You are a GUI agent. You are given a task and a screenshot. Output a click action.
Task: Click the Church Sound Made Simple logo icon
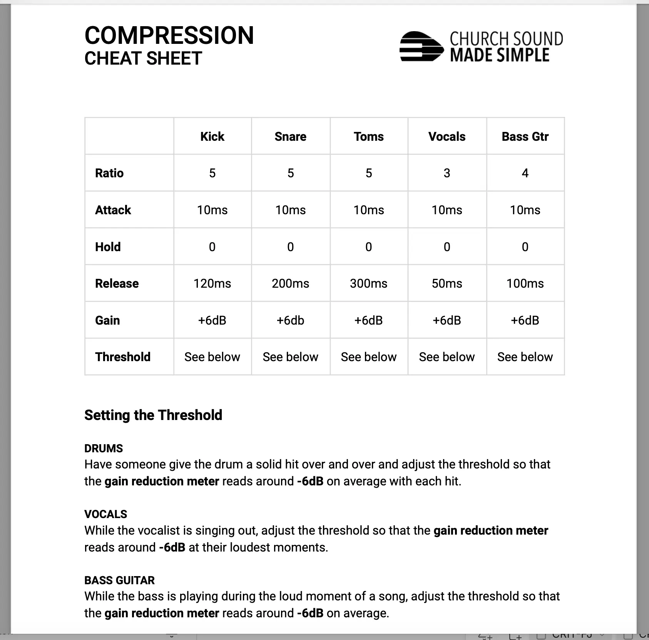pos(421,47)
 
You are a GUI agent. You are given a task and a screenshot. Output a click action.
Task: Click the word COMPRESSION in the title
pos(169,35)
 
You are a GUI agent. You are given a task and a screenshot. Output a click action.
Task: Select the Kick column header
pos(212,137)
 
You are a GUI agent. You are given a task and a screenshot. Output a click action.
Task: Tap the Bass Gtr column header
pos(525,137)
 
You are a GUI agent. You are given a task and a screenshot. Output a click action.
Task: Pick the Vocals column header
pos(447,137)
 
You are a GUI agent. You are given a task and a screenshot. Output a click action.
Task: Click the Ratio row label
pos(109,173)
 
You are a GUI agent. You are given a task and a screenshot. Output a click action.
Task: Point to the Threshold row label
pos(123,357)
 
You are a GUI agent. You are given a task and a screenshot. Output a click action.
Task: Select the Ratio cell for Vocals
pos(447,173)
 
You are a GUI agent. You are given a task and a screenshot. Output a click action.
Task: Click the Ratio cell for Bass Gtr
pos(525,173)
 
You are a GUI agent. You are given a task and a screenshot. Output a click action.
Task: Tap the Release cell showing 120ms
pos(212,283)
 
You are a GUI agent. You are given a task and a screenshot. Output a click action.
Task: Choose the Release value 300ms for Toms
pos(368,283)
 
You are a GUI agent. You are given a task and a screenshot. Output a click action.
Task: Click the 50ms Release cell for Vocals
pos(447,283)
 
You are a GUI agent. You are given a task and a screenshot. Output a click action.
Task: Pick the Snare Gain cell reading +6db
pos(290,320)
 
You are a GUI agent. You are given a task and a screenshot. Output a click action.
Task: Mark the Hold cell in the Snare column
pos(290,247)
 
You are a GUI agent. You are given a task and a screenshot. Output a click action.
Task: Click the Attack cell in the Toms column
pos(368,210)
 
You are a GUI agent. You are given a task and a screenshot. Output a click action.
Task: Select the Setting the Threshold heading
pos(153,415)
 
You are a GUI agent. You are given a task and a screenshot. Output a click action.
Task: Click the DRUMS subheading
pos(104,448)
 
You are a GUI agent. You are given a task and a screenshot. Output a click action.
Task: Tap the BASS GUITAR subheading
pos(119,580)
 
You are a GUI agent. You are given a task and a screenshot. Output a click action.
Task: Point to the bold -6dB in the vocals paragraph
pos(172,547)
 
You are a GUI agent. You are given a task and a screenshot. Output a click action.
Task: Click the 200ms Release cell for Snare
pos(290,283)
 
